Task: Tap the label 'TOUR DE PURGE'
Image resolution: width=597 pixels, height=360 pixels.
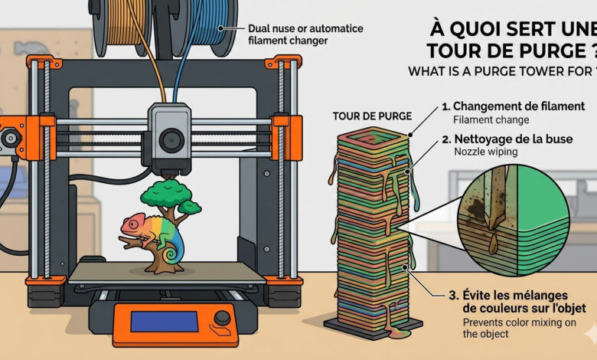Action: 372,116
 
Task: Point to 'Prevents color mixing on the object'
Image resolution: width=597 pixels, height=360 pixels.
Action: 514,328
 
